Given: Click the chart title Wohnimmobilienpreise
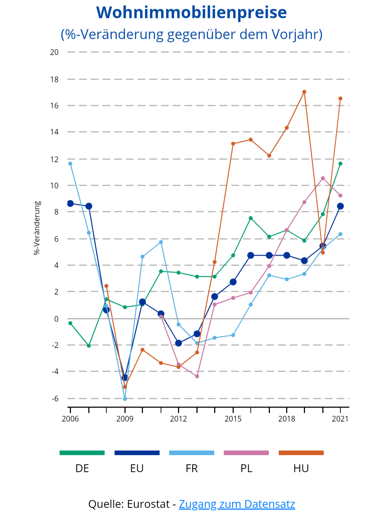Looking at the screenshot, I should point(191,13).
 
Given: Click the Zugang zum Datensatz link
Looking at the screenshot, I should point(237,504).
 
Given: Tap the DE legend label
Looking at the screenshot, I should point(82,469).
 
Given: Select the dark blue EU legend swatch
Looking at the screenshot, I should point(137,453).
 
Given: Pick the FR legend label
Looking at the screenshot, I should point(191,469).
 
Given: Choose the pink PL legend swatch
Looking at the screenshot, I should point(246,453).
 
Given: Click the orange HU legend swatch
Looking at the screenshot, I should point(301,453).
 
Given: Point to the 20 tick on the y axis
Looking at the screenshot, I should point(54,52).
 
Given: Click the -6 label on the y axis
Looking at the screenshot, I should point(55,399).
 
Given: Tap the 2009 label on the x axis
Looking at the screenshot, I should point(125,419).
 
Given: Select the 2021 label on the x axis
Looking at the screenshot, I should point(340,419).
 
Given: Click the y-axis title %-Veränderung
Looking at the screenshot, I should point(37,228).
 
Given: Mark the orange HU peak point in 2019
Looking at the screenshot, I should point(304,92).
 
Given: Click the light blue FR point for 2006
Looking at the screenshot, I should point(70,163).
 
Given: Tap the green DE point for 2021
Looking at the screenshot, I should point(340,163).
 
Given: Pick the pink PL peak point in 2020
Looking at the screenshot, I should point(323,178).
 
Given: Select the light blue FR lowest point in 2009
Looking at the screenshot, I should point(125,399).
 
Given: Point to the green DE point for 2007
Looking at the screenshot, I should point(89,346).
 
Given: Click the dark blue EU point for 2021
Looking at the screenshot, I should point(340,206).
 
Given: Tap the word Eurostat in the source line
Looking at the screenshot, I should point(148,504).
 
